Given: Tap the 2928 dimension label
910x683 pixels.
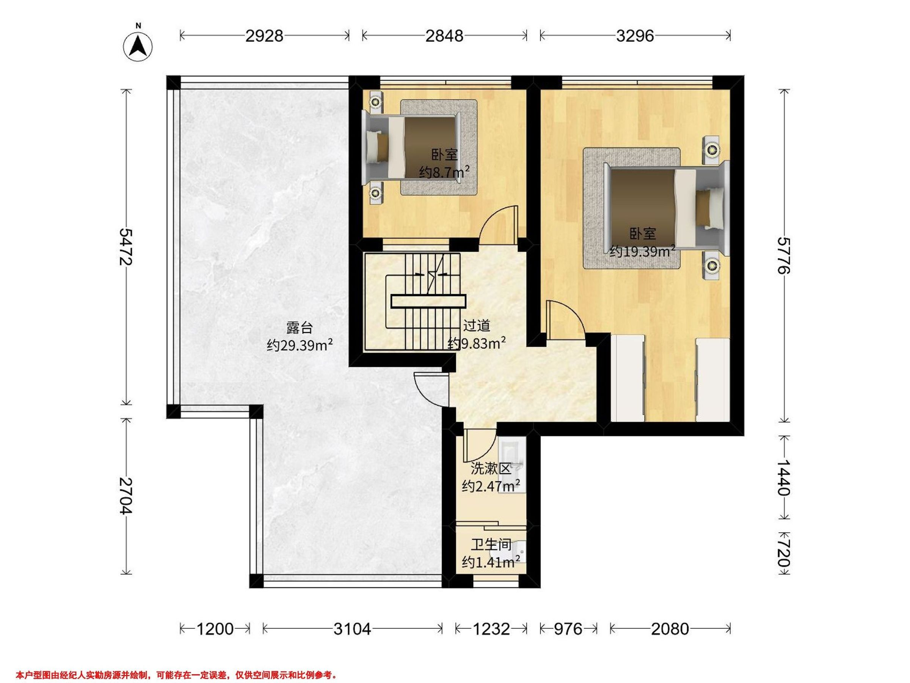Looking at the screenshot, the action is (265, 36).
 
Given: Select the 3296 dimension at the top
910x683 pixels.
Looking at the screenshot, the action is (635, 36).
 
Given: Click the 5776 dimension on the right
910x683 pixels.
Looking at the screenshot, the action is (784, 256).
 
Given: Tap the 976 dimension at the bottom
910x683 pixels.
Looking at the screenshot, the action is (568, 629).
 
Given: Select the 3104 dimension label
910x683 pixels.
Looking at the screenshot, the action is (352, 629).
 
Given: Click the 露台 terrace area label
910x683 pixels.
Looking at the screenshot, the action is (300, 328).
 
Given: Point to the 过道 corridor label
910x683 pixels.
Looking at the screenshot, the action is (477, 326).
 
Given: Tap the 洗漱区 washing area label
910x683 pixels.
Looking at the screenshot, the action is (491, 469).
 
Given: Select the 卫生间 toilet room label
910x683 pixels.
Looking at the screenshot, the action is (491, 545).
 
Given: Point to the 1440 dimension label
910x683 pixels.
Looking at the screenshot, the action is (784, 477).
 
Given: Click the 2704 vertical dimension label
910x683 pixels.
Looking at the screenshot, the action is (126, 496).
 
